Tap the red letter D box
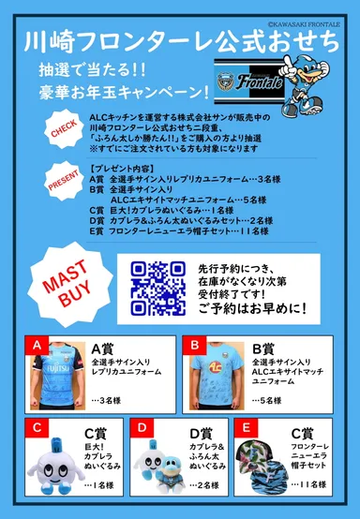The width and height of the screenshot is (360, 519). (142, 428)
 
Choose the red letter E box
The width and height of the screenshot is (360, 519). (247, 428)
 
